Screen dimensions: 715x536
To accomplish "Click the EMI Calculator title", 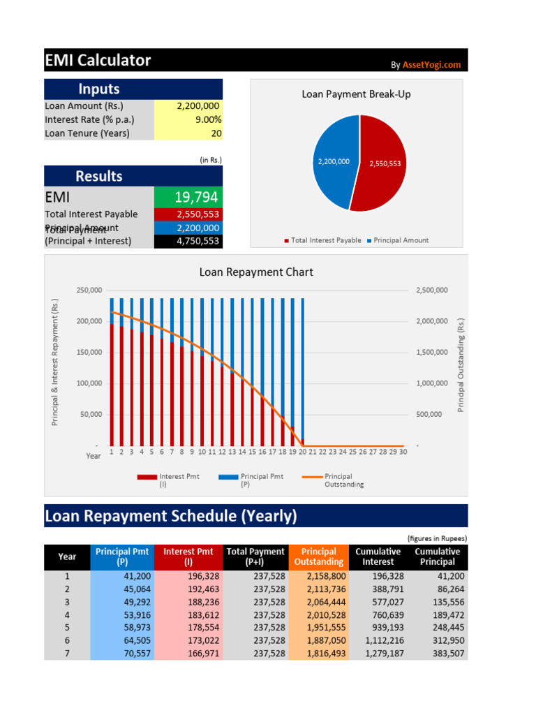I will (98, 61).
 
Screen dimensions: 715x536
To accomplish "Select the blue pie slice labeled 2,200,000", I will (334, 161).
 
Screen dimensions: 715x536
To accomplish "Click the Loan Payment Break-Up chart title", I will (356, 94).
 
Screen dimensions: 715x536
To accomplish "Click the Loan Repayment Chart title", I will (256, 272).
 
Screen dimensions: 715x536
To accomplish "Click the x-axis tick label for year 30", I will (403, 452).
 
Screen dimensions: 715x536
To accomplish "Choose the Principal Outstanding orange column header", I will (318, 556).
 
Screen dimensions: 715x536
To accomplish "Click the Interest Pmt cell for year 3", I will (188, 602).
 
